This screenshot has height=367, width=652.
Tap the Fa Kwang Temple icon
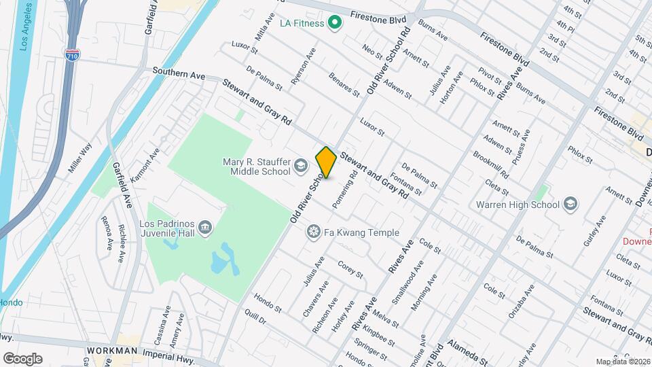pos(313,233)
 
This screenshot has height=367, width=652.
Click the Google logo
pos(22,358)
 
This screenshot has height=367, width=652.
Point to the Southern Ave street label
pos(179,73)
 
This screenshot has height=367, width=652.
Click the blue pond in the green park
pos(225,261)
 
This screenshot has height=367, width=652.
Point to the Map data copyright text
pos(621,362)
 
